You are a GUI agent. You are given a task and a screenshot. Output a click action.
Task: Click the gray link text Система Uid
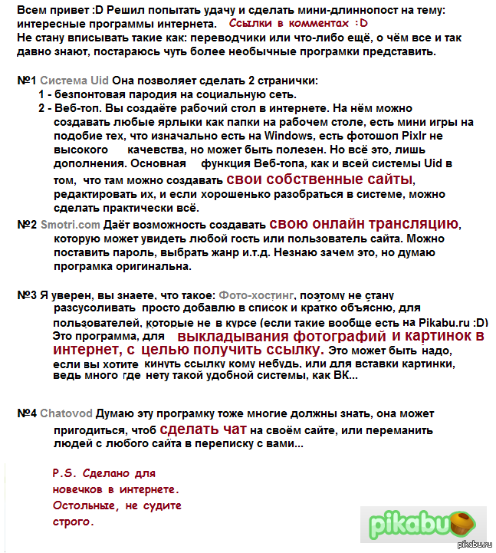pos(74,80)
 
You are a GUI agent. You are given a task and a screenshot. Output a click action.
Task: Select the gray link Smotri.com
pos(70,225)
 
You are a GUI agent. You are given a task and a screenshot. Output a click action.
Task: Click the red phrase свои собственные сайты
pos(319,179)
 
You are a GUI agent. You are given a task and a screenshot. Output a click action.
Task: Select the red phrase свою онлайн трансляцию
pos(364,224)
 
